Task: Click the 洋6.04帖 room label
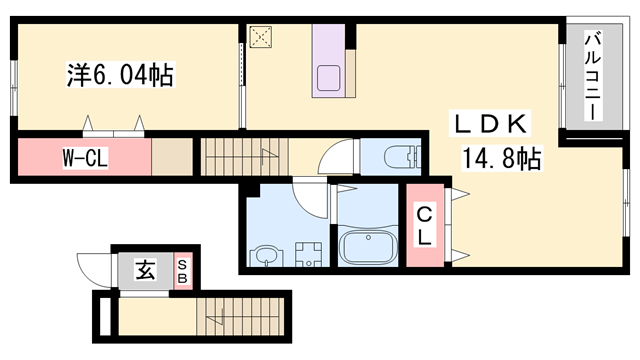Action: [111, 74]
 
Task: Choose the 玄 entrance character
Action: [146, 269]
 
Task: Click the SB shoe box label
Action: [182, 269]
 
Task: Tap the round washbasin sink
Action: [267, 256]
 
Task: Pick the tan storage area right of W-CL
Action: [171, 157]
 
